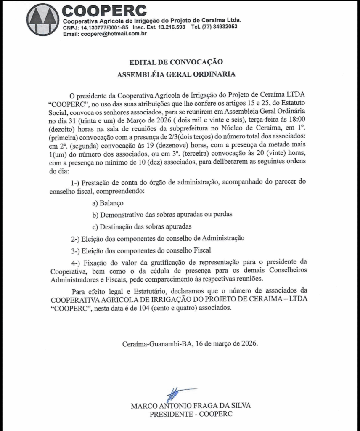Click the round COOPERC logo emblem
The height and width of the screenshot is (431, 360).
tap(43, 19)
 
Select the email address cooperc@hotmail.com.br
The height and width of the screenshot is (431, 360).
tap(111, 34)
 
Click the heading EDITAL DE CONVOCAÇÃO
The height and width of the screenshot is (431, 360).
tap(176, 62)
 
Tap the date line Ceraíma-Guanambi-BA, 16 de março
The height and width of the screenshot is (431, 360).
tap(190, 343)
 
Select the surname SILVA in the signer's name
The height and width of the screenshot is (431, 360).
tap(240, 406)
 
